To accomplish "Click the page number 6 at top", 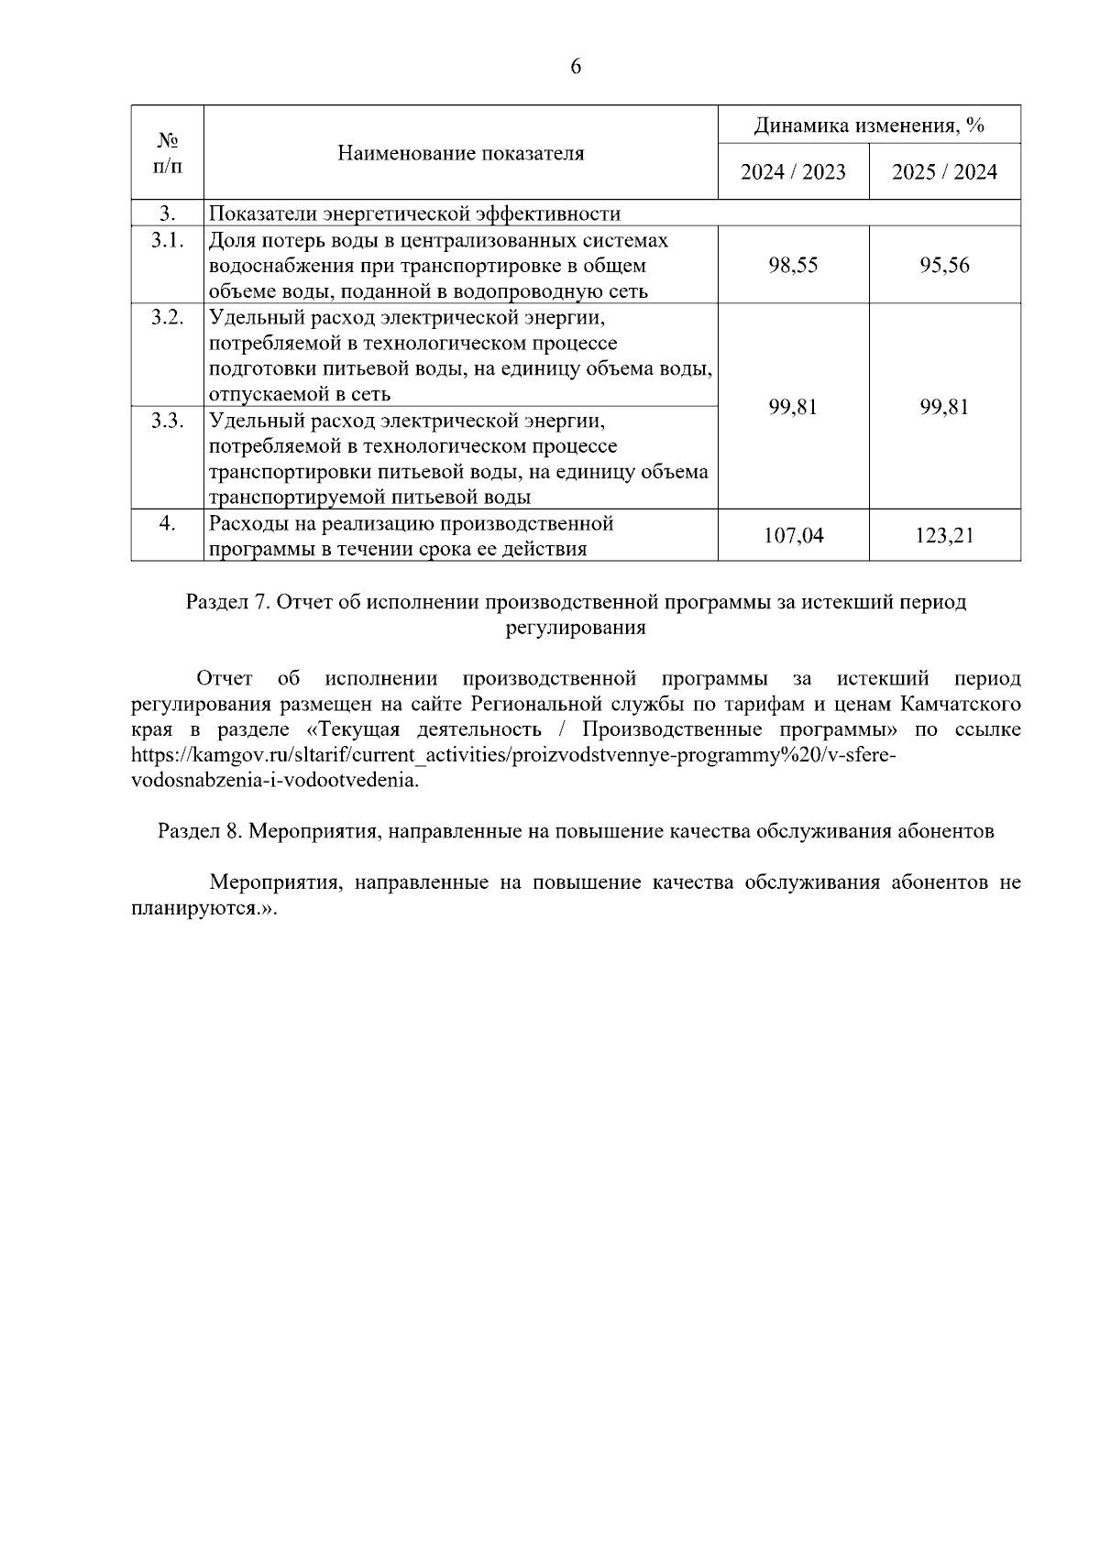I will click(x=576, y=67).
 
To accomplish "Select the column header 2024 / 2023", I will click(x=793, y=172).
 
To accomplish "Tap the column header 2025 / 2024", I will click(x=944, y=172).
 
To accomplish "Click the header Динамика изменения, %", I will click(x=869, y=126).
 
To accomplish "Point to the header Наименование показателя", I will click(x=460, y=153).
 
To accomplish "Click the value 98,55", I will click(x=793, y=266).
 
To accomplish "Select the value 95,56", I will click(x=944, y=266).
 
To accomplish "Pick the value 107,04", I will click(x=793, y=536).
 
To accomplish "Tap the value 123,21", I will click(x=944, y=536).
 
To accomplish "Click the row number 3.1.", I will click(x=168, y=240).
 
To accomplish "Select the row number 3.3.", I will click(x=168, y=421).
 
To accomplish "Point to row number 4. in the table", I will click(x=168, y=524).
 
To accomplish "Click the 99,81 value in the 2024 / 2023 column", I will click(x=793, y=407).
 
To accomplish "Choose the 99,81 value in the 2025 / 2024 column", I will click(x=944, y=407).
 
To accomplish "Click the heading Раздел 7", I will click(x=576, y=603).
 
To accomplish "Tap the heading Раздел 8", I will click(x=576, y=832).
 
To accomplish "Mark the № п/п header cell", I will click(x=168, y=153).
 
